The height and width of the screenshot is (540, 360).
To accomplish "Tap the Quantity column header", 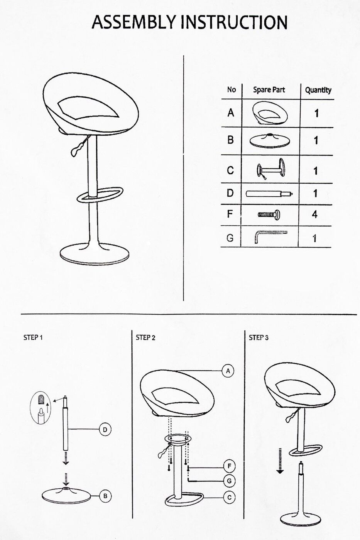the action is click(318, 90).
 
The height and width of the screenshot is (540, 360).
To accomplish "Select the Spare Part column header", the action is click(269, 89).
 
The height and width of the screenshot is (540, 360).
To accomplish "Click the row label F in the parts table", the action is click(230, 214).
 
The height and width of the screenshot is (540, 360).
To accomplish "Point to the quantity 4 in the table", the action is click(315, 214).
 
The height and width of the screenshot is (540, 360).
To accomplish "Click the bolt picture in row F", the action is click(269, 214).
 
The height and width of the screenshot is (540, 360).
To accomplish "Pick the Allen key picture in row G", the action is click(270, 237).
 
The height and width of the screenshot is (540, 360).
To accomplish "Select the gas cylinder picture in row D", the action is click(269, 194).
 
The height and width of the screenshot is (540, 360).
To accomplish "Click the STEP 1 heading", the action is click(33, 337).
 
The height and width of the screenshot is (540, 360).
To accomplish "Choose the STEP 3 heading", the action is click(259, 337).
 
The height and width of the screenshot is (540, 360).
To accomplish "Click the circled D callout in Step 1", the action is click(105, 429).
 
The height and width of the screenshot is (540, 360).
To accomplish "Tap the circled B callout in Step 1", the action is click(105, 496).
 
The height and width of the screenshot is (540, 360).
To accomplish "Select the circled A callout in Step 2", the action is click(228, 371).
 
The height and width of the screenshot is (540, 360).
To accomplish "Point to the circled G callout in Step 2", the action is click(229, 481).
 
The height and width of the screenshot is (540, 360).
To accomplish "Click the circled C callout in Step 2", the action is click(229, 497).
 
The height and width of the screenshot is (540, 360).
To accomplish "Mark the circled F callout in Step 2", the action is click(229, 466).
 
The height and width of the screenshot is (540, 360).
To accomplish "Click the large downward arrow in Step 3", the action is click(280, 461).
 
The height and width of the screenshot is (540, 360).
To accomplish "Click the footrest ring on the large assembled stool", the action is click(100, 195).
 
